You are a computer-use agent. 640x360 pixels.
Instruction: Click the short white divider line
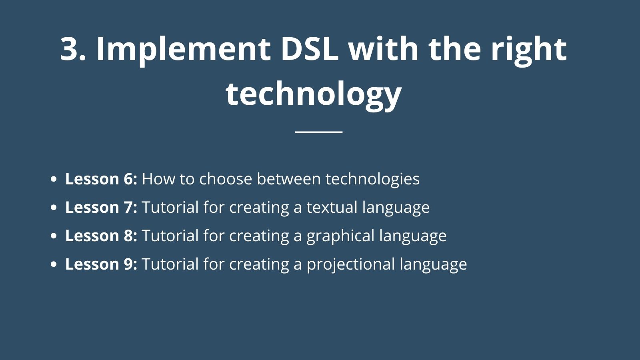point(319,132)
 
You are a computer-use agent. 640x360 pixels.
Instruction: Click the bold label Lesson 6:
point(101,179)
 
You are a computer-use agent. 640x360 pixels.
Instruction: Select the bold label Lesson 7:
point(101,207)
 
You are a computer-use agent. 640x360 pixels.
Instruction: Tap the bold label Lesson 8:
point(101,236)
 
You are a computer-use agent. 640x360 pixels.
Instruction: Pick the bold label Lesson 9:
point(101,264)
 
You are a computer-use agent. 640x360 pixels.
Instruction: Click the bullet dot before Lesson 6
point(54,179)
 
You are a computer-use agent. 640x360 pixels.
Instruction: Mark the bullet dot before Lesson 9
point(54,264)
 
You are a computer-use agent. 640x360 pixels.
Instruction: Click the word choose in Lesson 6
point(226,179)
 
